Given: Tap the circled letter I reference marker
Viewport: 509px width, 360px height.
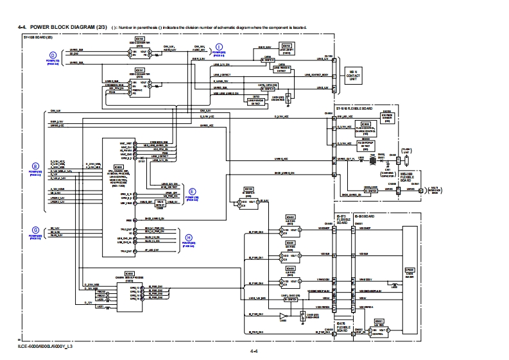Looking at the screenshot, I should click(x=219, y=47).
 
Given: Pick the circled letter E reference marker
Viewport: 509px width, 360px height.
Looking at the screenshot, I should click(x=191, y=191).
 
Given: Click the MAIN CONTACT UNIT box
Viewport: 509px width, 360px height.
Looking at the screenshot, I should click(x=350, y=76).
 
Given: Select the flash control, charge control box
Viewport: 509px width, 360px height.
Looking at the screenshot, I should click(x=366, y=127).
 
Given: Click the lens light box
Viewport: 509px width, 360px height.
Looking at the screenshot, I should click(x=287, y=49).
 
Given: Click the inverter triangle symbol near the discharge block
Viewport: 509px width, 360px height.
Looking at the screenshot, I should click(x=283, y=316).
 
